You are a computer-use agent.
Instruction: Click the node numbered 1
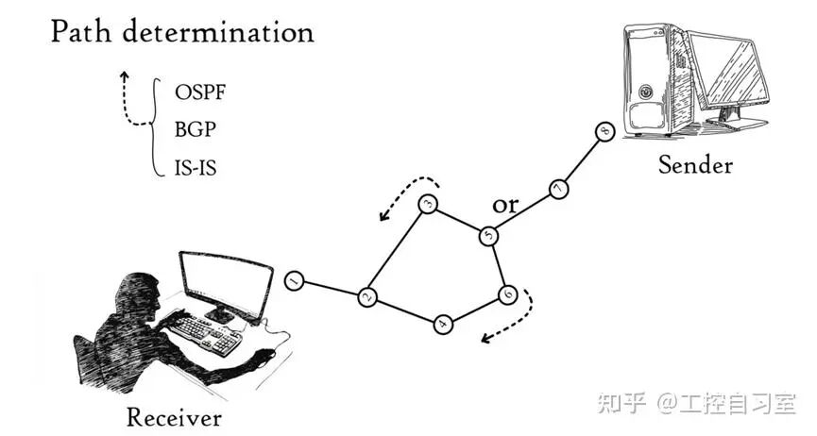click(x=295, y=281)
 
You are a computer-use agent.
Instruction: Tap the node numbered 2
click(x=367, y=298)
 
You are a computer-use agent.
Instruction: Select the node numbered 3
click(x=427, y=204)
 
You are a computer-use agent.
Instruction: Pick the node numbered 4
click(x=443, y=324)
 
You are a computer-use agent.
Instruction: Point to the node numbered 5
click(x=488, y=235)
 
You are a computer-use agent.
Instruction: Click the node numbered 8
click(x=605, y=132)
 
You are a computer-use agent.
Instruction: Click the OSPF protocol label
click(x=201, y=93)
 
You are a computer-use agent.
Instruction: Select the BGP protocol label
click(x=195, y=130)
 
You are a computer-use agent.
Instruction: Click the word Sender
click(x=695, y=165)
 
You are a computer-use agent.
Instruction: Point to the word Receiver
click(x=174, y=416)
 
